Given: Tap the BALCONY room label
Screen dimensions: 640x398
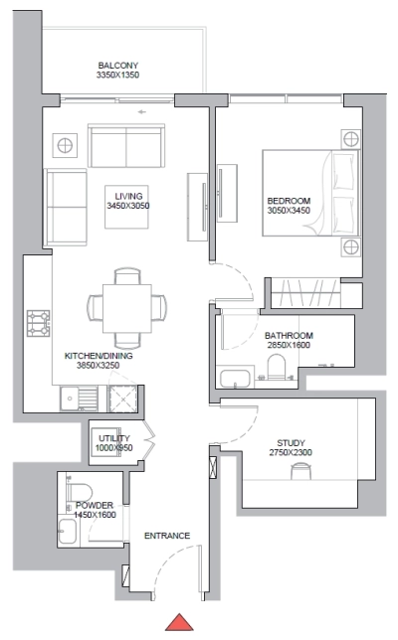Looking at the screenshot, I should pyautogui.click(x=117, y=63).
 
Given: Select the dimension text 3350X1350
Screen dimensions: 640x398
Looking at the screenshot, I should pyautogui.click(x=117, y=75).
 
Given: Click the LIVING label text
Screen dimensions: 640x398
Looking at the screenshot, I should pyautogui.click(x=126, y=196).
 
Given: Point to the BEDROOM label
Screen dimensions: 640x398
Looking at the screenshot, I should pyautogui.click(x=289, y=201).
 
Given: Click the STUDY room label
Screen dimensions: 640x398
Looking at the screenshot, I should pyautogui.click(x=291, y=443).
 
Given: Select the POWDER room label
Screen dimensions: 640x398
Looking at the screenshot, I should pyautogui.click(x=95, y=505).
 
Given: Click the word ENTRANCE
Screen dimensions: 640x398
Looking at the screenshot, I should pyautogui.click(x=166, y=537).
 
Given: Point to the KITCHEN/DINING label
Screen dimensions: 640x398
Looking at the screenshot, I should pyautogui.click(x=98, y=354).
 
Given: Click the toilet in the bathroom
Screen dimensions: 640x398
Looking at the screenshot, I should pyautogui.click(x=279, y=369).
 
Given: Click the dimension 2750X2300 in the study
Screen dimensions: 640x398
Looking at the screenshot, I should pyautogui.click(x=291, y=454).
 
